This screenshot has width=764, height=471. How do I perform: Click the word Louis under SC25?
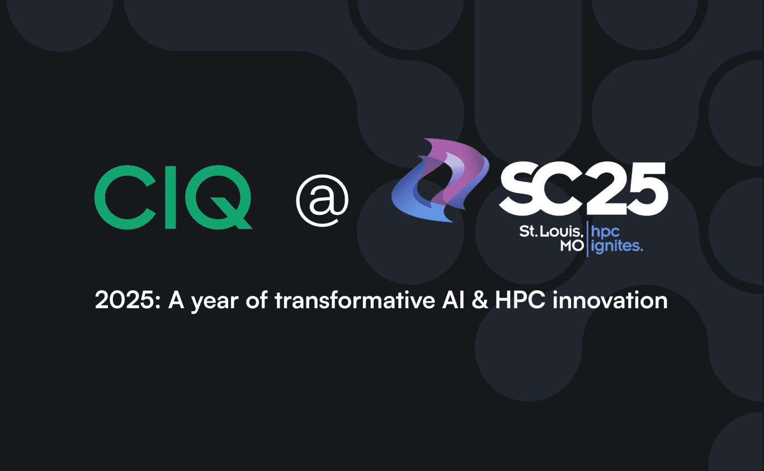pos(563,230)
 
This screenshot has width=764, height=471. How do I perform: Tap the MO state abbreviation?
pos(572,246)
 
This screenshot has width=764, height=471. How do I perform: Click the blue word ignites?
pos(617,247)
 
